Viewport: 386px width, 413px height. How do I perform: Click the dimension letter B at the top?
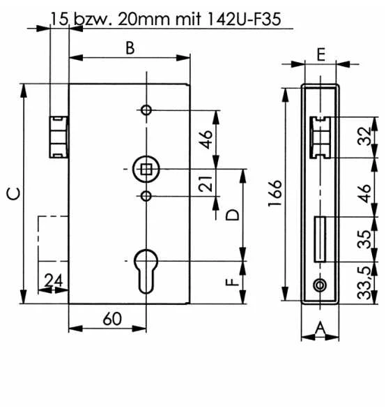pyautogui.click(x=130, y=47)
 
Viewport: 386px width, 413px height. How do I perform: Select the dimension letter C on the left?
pyautogui.click(x=13, y=194)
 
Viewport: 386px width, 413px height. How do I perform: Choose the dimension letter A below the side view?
pyautogui.click(x=319, y=327)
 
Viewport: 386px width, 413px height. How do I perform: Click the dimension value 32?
pyautogui.click(x=363, y=137)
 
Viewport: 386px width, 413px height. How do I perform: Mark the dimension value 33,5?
pyautogui.click(x=363, y=283)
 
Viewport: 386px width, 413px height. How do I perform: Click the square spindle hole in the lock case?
pyautogui.click(x=146, y=168)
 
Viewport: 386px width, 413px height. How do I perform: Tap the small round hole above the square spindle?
pyautogui.click(x=146, y=110)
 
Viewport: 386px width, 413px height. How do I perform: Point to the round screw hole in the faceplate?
pyautogui.click(x=319, y=285)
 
